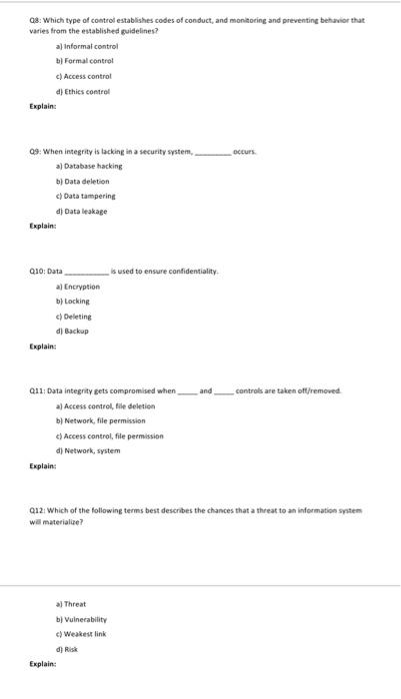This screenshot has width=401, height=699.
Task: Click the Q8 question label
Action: (x=37, y=19)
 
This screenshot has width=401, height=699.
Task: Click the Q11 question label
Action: (x=39, y=390)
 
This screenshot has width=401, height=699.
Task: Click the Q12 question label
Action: (x=39, y=510)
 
